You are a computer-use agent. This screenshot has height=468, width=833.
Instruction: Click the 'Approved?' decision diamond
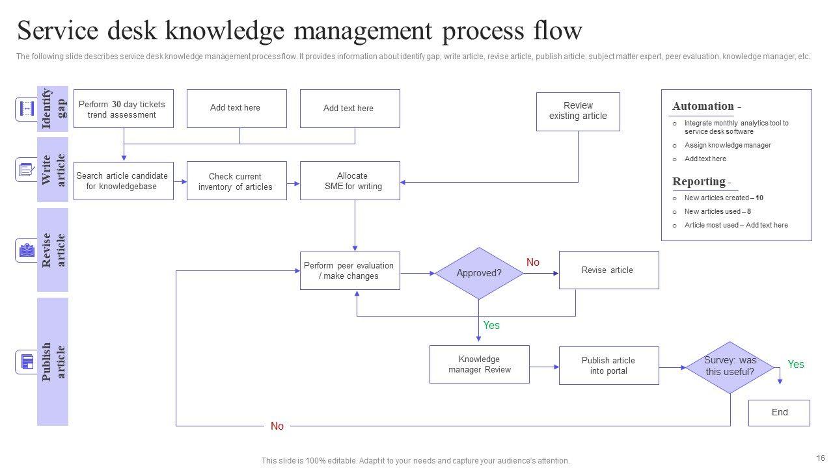click(x=479, y=273)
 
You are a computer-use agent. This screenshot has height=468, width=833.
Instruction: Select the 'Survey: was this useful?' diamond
click(x=730, y=367)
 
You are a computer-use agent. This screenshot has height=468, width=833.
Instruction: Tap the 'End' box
click(x=779, y=412)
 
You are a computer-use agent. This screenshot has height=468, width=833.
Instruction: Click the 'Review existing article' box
click(x=578, y=111)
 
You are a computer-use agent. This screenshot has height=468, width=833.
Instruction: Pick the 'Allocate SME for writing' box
click(x=349, y=181)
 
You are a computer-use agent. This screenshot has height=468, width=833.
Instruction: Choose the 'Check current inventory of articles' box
click(x=236, y=181)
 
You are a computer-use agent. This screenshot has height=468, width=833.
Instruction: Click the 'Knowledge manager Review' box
click(x=479, y=364)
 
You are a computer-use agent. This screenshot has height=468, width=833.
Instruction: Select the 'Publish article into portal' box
click(x=608, y=365)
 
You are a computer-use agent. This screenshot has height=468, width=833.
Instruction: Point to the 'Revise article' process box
click(x=608, y=270)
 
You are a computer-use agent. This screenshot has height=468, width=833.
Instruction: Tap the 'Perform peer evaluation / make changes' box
click(x=349, y=270)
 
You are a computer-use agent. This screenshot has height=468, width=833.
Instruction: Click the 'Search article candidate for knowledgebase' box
click(x=123, y=181)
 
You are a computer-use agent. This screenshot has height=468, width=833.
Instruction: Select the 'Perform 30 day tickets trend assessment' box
click(x=123, y=109)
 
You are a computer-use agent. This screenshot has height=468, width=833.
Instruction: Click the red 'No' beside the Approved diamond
click(x=533, y=263)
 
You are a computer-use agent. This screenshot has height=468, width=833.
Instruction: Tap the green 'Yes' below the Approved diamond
click(x=491, y=325)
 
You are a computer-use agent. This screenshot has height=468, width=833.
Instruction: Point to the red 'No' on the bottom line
click(x=277, y=426)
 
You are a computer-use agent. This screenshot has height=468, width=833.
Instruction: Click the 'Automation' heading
click(x=703, y=106)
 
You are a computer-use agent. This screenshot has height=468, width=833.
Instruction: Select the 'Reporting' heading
click(x=699, y=181)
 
